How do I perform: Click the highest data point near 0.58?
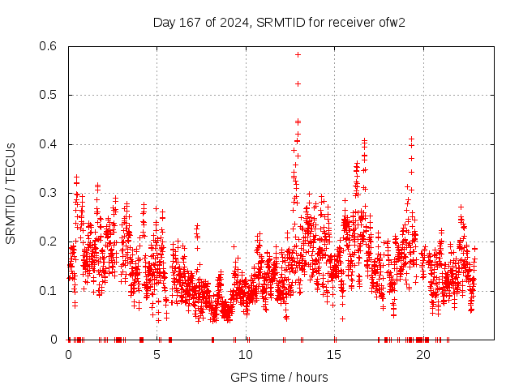coord(298,55)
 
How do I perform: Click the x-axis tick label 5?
coord(157,355)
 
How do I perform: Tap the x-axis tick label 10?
coord(246,355)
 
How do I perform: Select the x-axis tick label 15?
coord(335,355)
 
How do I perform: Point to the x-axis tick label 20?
coord(423,355)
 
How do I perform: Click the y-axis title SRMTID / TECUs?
coord(11,193)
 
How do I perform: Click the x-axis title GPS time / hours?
coord(280,377)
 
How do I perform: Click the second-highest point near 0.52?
coord(298,83)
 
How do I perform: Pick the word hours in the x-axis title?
coord(312,377)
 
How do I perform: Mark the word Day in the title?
coord(164,22)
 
